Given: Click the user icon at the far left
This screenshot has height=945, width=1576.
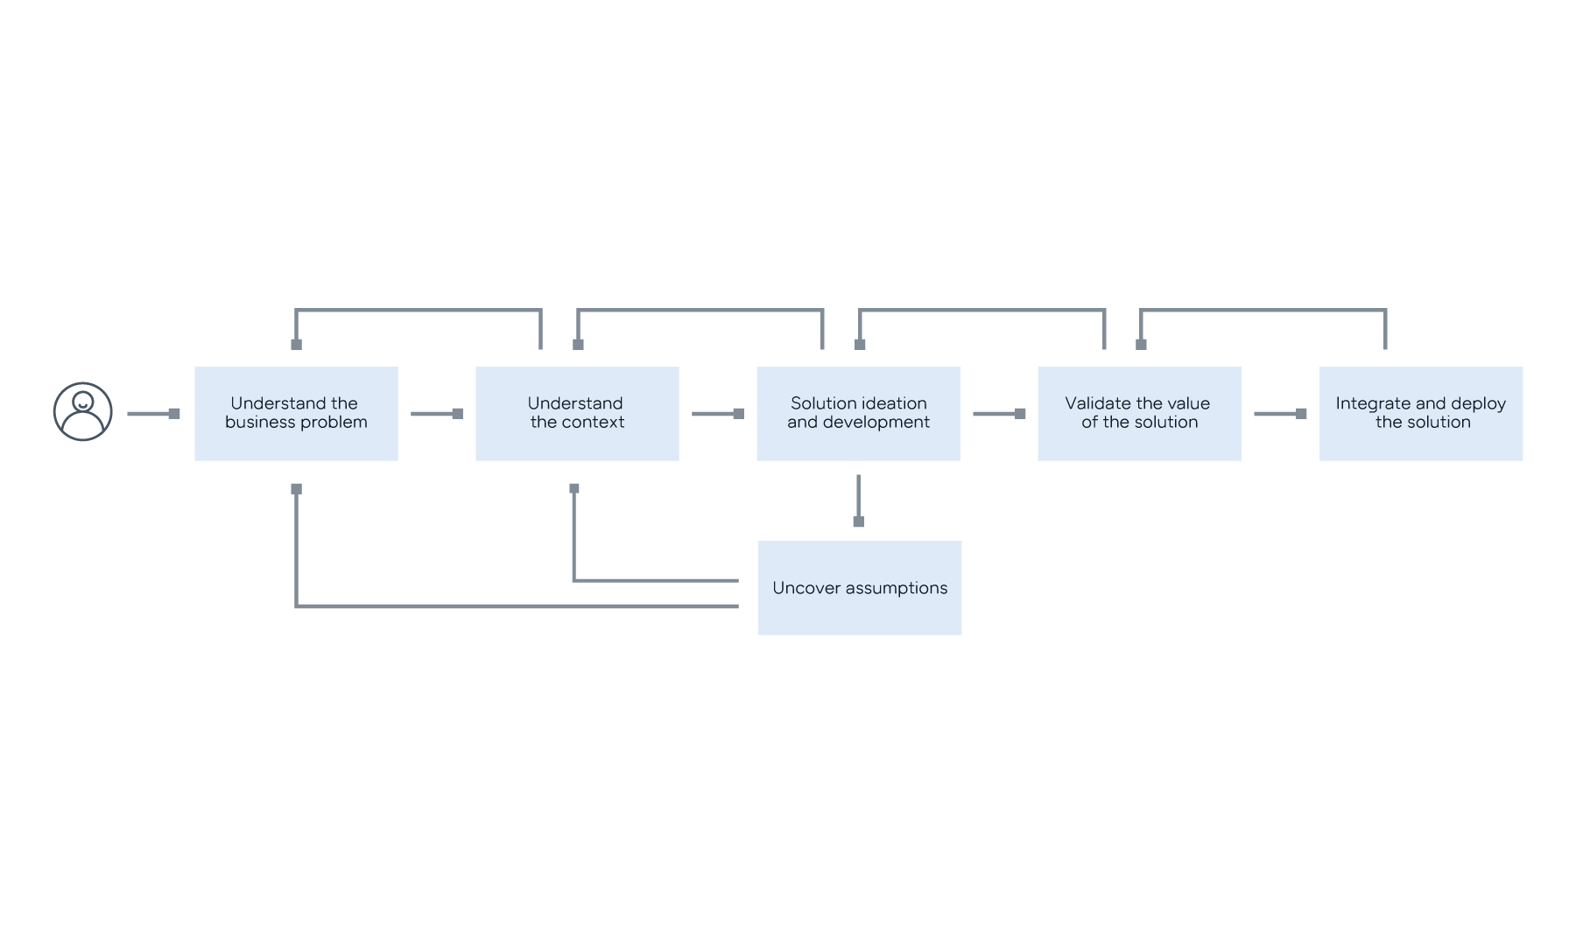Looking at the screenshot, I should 83,411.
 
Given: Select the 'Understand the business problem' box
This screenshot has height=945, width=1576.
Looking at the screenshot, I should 296,414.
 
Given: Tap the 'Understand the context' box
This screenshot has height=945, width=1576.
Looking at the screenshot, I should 577,414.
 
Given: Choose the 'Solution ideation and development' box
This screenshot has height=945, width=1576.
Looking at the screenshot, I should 858,414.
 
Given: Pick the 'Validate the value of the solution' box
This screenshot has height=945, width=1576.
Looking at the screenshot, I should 1139,414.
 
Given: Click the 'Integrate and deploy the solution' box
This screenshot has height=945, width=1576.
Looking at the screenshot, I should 1421,414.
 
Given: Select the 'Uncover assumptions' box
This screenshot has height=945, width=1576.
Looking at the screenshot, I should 860,588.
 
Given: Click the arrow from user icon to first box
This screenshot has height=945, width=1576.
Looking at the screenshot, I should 153,413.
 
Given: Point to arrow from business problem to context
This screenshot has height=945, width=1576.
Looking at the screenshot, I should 436,413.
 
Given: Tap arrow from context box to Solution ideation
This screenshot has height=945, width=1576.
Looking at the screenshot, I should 717,413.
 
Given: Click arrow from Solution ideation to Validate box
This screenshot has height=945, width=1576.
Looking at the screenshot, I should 998,413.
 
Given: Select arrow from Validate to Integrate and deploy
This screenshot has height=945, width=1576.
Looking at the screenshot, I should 1279,413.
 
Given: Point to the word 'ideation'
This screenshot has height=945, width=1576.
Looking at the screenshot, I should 894,403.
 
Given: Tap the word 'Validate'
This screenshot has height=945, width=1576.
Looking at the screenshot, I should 1098,403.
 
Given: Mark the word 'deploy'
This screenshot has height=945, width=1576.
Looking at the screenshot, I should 1479,403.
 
